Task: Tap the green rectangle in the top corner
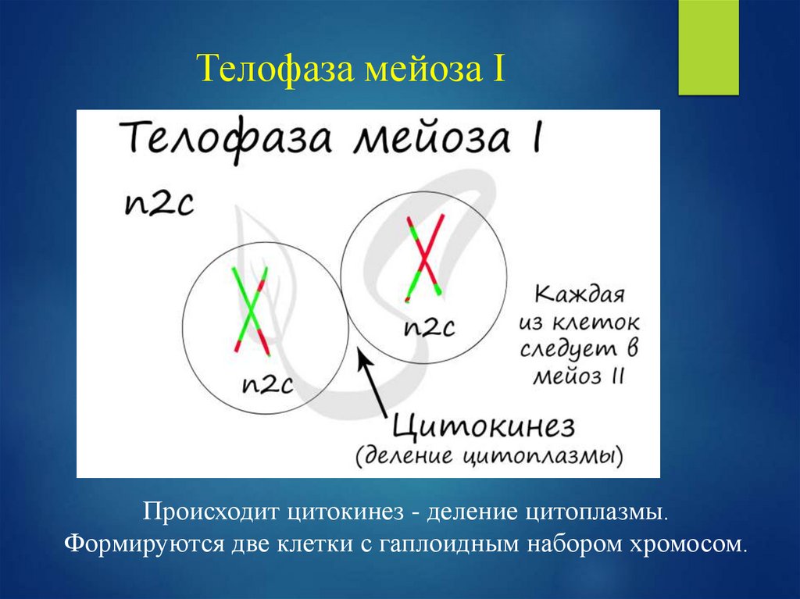[708, 47]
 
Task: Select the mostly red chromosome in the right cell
[423, 258]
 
